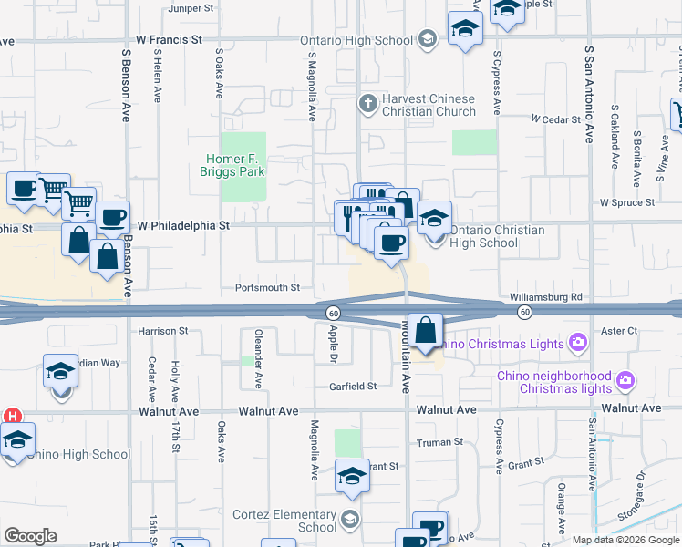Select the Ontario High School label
tap(356, 40)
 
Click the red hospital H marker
tap(12, 415)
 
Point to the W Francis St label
tap(169, 40)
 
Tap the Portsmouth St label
tap(267, 287)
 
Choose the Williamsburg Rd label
tap(546, 297)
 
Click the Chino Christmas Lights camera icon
tap(576, 343)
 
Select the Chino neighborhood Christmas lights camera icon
tap(625, 378)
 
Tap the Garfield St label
tap(353, 387)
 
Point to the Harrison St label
tap(162, 331)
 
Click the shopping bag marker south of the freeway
tap(426, 330)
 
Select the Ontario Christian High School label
tap(497, 236)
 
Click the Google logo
tap(30, 535)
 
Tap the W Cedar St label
tap(556, 119)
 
